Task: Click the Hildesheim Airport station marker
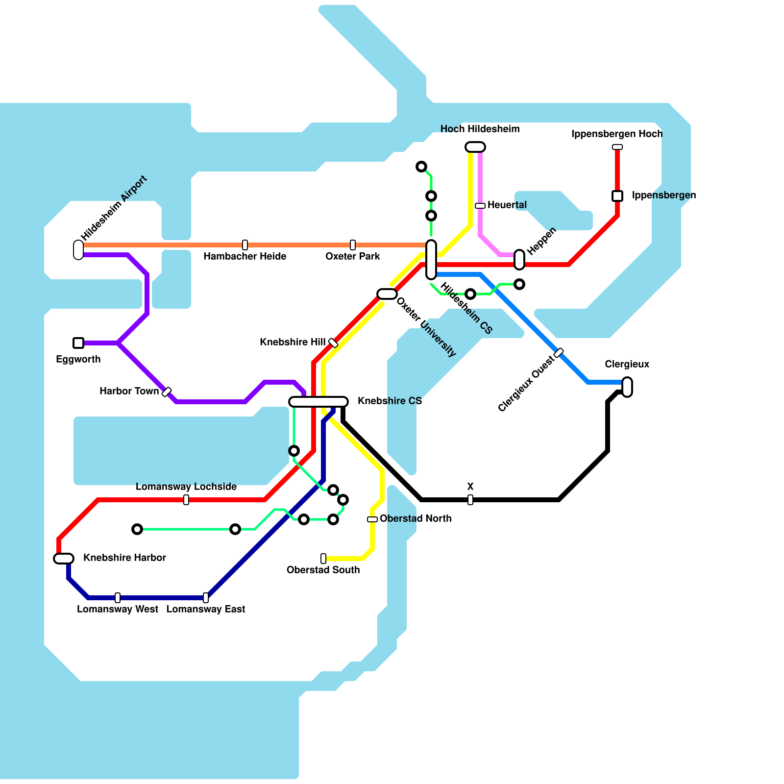pos(78,250)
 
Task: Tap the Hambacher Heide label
pos(245,256)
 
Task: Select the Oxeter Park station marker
pos(353,245)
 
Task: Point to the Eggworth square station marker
pos(78,343)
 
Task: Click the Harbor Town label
pos(129,391)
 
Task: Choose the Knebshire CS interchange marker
pos(318,402)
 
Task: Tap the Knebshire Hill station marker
pos(333,343)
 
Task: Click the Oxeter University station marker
pos(387,294)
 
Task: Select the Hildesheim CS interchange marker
pos(431,260)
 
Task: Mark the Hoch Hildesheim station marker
pos(475,147)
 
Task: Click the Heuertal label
pos(507,205)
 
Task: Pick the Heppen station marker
pos(519,260)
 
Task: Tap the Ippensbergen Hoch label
pos(616,134)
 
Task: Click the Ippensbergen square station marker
pos(617,196)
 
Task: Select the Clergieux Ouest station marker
pos(559,353)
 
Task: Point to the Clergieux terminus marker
pos(627,387)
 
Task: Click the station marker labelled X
pos(470,500)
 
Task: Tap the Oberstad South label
pos(323,570)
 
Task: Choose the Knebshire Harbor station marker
pos(64,559)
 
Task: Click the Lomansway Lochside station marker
pos(186,500)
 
